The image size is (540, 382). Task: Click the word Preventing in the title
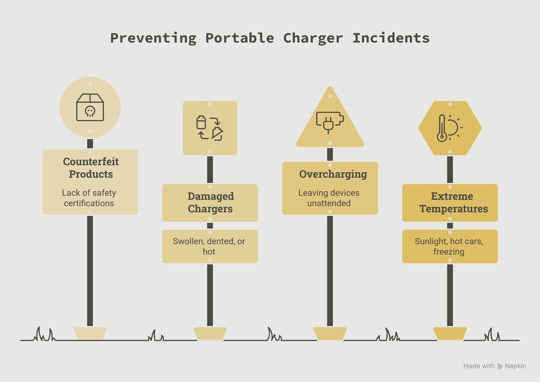pyautogui.click(x=153, y=38)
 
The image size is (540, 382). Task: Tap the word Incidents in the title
pyautogui.click(x=391, y=38)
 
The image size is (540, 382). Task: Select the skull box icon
pyautogui.click(x=90, y=107)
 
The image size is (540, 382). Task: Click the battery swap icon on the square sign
pyautogui.click(x=210, y=128)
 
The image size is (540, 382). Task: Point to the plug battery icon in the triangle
pyautogui.click(x=330, y=122)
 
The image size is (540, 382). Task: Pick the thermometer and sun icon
pyautogui.click(x=450, y=128)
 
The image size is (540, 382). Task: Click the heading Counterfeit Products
pyautogui.click(x=91, y=168)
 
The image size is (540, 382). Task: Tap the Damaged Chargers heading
pyautogui.click(x=211, y=202)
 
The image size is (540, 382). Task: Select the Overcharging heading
pyautogui.click(x=333, y=174)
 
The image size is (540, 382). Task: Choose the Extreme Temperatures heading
pyautogui.click(x=453, y=202)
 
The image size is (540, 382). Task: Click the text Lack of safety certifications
pyautogui.click(x=89, y=198)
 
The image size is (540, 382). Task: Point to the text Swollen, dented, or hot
pyautogui.click(x=209, y=246)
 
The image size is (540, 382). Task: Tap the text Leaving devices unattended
pyautogui.click(x=329, y=198)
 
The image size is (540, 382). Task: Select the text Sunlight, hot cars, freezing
pyautogui.click(x=449, y=246)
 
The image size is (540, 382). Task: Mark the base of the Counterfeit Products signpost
pyautogui.click(x=90, y=333)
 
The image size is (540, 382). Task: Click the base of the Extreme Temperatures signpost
pyautogui.click(x=450, y=333)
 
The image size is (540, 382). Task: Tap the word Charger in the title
pyautogui.click(x=313, y=38)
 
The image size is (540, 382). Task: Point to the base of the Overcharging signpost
pyautogui.click(x=330, y=333)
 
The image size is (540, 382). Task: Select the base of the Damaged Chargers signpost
pyautogui.click(x=210, y=333)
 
